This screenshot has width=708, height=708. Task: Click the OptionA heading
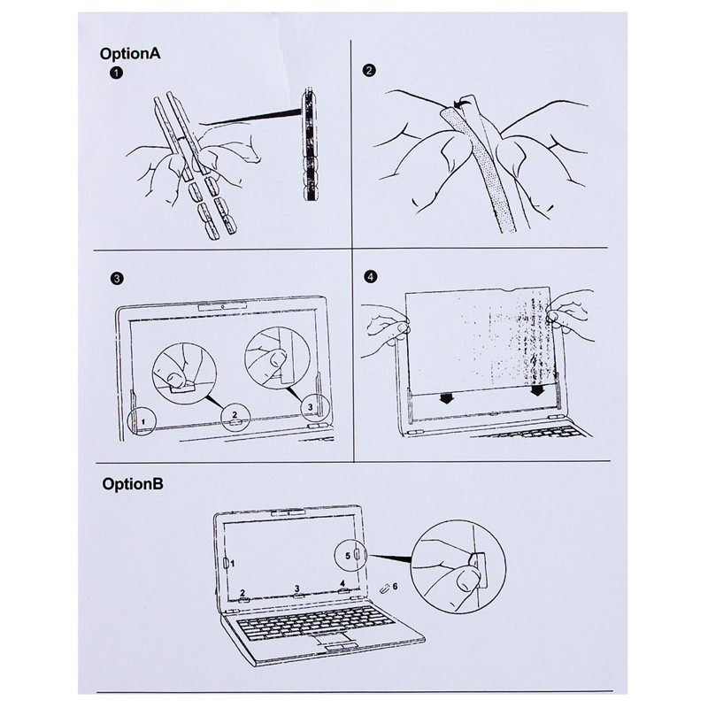point(131,54)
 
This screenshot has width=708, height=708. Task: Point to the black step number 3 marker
point(116,278)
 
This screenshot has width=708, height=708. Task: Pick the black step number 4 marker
point(370,277)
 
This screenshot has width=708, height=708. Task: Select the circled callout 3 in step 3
point(309,407)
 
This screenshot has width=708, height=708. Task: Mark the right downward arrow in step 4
point(537,390)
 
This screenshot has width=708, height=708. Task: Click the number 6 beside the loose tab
point(395,587)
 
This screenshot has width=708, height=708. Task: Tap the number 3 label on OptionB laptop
point(296,589)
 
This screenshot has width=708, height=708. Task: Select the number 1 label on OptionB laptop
point(233,562)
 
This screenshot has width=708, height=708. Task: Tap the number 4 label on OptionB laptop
point(342,583)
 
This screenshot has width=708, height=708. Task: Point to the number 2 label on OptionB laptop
point(242,592)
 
